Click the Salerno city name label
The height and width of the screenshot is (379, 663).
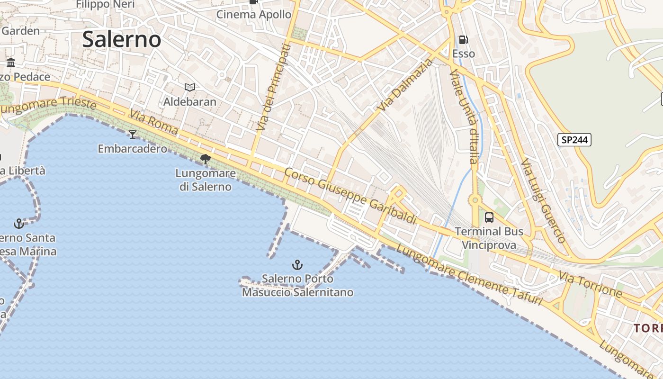click(122, 39)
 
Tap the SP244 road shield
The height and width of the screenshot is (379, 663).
click(574, 140)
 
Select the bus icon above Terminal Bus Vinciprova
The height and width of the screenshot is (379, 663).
click(489, 217)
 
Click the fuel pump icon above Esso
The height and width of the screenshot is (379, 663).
click(463, 40)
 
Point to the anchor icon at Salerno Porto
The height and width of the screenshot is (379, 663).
click(297, 264)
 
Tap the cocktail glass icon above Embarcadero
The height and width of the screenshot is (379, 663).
click(133, 135)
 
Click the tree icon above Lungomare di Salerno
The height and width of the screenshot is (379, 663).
click(206, 159)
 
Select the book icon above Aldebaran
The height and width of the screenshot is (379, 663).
click(190, 87)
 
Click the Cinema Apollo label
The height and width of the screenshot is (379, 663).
click(254, 14)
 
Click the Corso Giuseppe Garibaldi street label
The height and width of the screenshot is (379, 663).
click(350, 196)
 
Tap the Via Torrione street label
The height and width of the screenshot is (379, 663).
click(590, 284)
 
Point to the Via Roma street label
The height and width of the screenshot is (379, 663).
click(154, 123)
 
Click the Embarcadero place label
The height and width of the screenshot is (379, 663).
click(132, 149)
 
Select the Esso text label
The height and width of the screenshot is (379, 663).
click(464, 54)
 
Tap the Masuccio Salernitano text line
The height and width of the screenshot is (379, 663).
click(297, 292)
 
